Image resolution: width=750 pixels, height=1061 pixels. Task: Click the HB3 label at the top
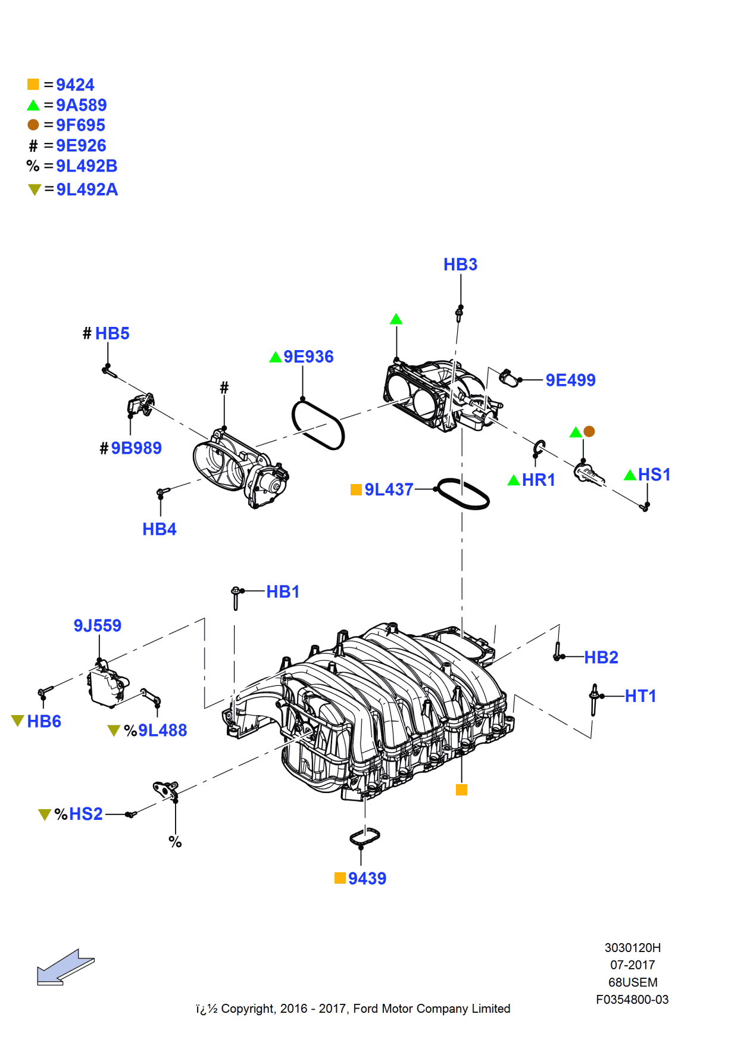(460, 264)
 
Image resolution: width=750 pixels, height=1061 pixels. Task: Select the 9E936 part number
(308, 357)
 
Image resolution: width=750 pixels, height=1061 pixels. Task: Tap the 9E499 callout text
(570, 380)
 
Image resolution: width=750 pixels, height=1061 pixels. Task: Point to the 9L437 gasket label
(388, 489)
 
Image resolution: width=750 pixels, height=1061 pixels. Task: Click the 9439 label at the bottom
(367, 878)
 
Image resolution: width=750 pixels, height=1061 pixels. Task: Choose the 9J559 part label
(97, 625)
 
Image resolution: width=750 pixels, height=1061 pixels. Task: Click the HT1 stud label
(640, 696)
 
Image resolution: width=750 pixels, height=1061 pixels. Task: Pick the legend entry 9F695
(80, 125)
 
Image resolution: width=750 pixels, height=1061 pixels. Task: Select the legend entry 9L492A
(87, 189)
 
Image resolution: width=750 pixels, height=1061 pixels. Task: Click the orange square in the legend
(33, 85)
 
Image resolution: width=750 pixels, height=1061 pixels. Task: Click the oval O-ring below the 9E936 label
(318, 425)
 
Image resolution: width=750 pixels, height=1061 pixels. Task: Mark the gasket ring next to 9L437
(463, 494)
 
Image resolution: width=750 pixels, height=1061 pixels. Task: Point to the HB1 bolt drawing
(236, 598)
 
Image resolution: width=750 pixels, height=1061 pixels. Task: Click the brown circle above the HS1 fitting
(589, 431)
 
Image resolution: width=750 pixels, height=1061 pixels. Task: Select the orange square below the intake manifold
(461, 789)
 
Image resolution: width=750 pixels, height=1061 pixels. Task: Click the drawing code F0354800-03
(632, 1000)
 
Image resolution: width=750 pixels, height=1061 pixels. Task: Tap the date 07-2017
(632, 965)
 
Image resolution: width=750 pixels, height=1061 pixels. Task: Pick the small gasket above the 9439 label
(365, 837)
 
